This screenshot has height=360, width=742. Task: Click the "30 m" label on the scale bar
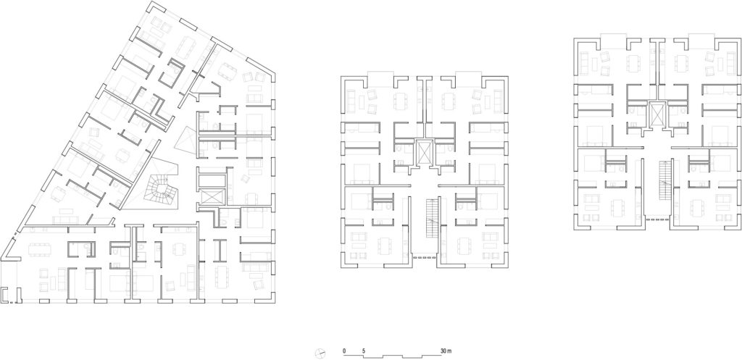444,351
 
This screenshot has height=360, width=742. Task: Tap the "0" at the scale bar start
344,351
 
